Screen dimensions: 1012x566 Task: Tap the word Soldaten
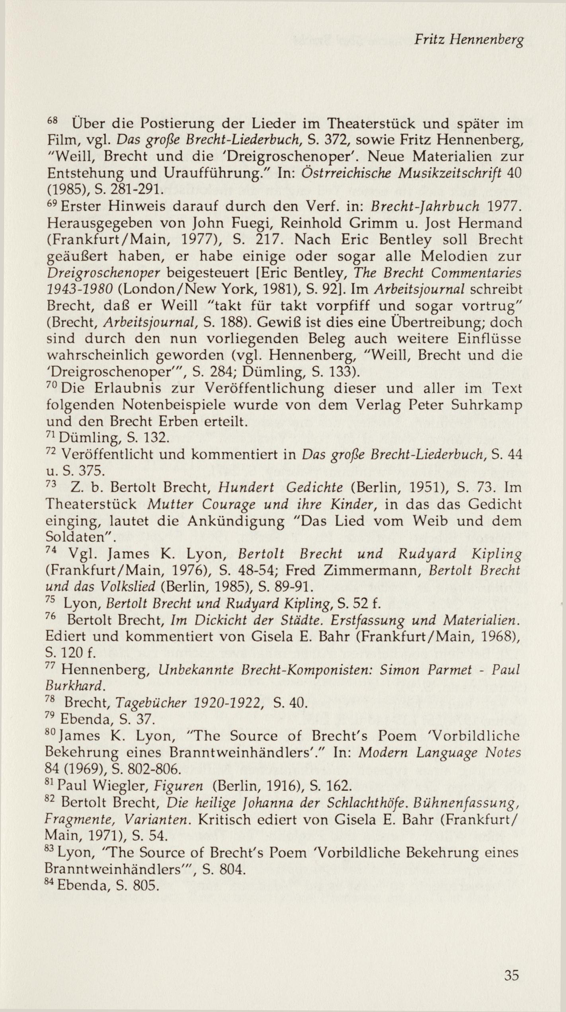point(78,537)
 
